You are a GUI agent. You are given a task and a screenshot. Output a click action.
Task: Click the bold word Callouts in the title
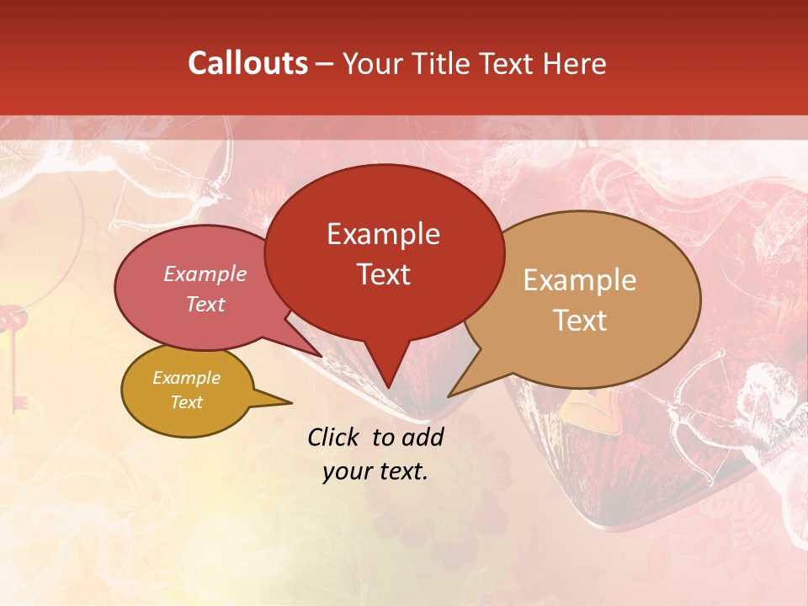(247, 64)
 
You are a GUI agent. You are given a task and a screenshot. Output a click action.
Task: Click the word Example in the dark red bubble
(383, 234)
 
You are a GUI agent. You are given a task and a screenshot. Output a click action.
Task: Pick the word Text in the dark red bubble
(383, 274)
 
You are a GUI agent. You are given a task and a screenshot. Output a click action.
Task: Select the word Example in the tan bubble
(580, 280)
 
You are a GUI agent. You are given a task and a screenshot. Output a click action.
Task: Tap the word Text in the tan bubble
(580, 321)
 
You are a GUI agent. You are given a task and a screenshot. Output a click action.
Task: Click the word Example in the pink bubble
(205, 274)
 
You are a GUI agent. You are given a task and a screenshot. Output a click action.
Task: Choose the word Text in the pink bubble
(205, 305)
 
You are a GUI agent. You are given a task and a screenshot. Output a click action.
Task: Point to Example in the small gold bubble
(186, 378)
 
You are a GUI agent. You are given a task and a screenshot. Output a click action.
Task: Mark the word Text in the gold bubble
(186, 402)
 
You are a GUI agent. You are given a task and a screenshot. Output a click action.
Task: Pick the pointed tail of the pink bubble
(316, 352)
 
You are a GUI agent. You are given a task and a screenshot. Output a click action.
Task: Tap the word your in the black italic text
(346, 471)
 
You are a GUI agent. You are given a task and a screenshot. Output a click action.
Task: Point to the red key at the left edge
(14, 353)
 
